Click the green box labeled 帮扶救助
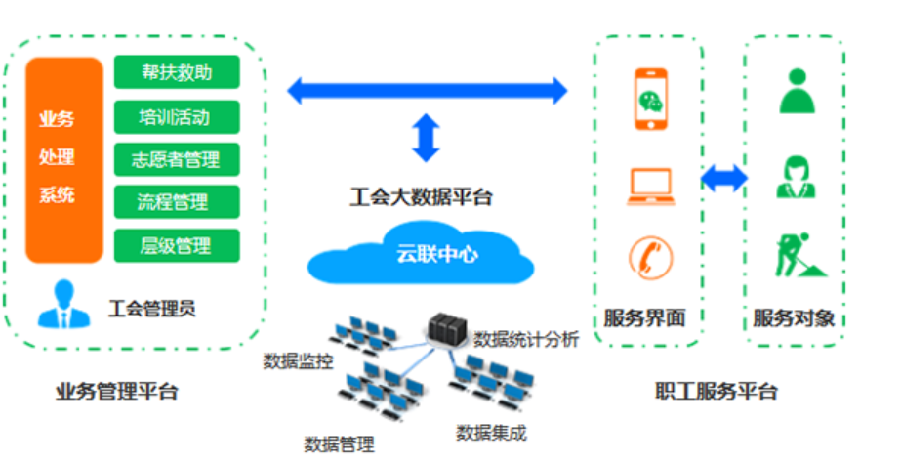point(177,71)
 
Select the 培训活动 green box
point(177,117)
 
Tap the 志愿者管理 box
point(177,159)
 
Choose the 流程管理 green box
point(177,201)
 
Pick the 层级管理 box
point(177,244)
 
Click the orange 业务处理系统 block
point(63,159)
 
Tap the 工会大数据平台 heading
point(422,196)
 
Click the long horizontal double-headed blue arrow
point(427,91)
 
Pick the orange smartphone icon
point(649,99)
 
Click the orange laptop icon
point(650,187)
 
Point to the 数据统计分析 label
point(526,340)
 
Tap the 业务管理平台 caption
point(117,392)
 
